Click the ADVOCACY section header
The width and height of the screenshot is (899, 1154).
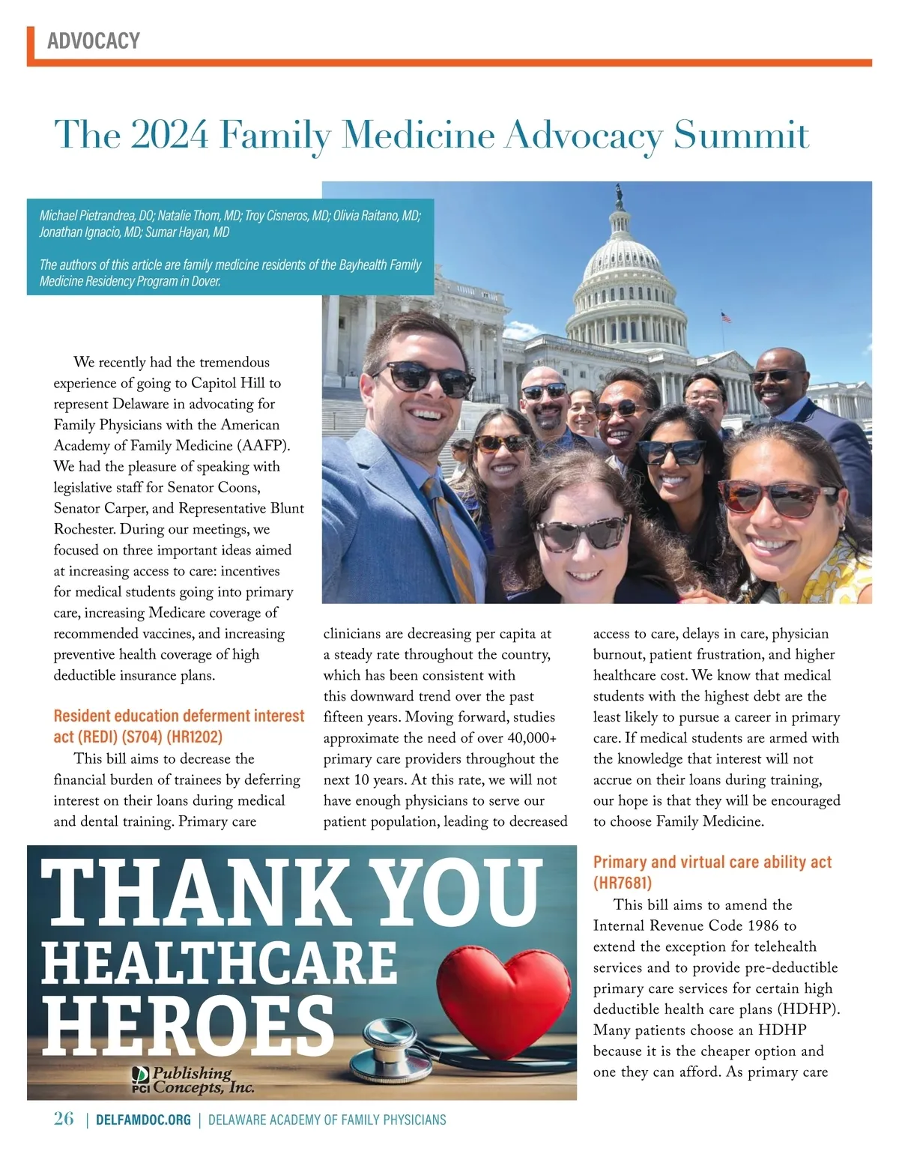[94, 40]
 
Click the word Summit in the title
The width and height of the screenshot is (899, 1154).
[741, 135]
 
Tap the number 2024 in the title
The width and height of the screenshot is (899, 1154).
[169, 135]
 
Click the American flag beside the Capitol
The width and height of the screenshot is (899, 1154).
[725, 316]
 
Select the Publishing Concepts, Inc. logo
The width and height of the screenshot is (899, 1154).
[193, 1080]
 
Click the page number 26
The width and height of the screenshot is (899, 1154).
[64, 1119]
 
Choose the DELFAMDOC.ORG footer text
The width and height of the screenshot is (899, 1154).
[143, 1120]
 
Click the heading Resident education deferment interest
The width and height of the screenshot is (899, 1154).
[179, 716]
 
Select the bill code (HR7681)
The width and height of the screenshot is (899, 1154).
[623, 883]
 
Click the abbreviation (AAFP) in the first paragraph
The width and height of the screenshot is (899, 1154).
[263, 445]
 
